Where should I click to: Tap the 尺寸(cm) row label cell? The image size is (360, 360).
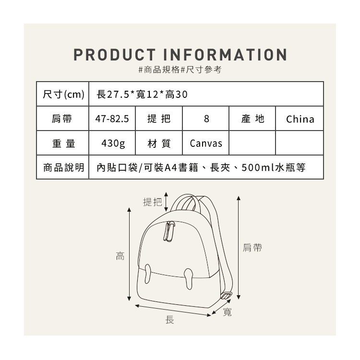point(63,94)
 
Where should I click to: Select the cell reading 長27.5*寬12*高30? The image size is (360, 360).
point(142,94)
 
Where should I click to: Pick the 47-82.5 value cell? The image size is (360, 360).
point(112,119)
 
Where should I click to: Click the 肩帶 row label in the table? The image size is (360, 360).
point(63,119)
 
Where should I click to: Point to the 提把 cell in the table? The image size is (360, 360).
point(158,119)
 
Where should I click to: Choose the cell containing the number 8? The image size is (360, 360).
point(206,119)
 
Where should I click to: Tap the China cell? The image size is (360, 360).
point(300,119)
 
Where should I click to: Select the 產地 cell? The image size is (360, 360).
point(252,119)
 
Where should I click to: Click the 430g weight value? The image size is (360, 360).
point(112,143)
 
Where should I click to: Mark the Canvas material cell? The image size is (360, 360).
point(206,143)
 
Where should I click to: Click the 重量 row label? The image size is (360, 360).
point(63,143)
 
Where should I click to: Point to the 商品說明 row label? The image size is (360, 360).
point(63,168)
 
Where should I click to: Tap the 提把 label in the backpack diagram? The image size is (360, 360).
point(153,203)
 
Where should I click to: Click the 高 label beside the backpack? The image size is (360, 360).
point(120,256)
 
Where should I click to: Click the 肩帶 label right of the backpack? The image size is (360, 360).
point(252,248)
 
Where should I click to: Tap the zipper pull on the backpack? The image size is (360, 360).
point(168,231)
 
